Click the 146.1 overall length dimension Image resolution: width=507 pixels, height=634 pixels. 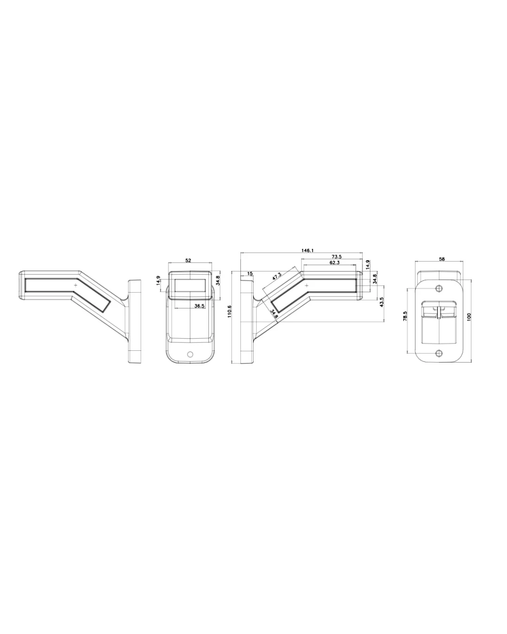click(307, 250)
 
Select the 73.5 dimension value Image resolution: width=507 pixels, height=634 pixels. click(337, 257)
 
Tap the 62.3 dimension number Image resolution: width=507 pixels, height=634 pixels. click(334, 263)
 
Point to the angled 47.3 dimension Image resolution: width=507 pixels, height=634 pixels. click(277, 276)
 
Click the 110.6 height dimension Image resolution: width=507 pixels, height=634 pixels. click(230, 311)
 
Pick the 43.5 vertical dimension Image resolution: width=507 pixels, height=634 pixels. click(382, 302)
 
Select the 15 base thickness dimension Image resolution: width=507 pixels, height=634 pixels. click(250, 274)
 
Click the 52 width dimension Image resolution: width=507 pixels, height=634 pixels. click(188, 261)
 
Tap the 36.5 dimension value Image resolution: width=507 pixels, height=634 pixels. click(200, 306)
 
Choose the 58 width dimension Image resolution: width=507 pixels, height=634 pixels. click(442, 259)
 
